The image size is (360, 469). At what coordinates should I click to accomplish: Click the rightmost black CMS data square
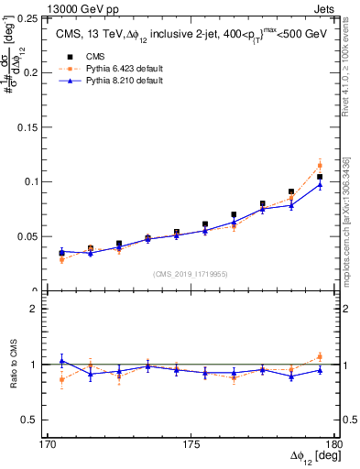pyautogui.click(x=320, y=177)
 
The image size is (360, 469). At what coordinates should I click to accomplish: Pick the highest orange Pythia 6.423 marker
pyautogui.click(x=320, y=165)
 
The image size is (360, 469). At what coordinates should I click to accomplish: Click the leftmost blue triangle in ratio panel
pyautogui.click(x=61, y=361)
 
